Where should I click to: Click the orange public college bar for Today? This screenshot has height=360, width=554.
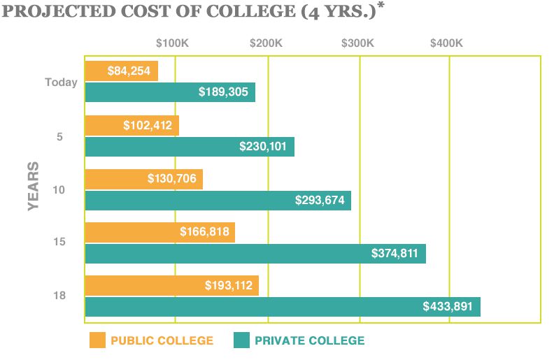(x=121, y=71)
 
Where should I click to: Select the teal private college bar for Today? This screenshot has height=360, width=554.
(x=170, y=92)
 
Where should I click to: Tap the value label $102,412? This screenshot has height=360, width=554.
(x=147, y=126)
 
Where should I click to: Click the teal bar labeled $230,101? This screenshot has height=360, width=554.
(x=189, y=147)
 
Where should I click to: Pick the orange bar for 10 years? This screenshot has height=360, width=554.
(x=143, y=179)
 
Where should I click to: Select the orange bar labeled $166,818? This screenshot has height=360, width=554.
(x=159, y=232)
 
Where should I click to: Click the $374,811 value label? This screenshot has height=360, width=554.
(x=394, y=254)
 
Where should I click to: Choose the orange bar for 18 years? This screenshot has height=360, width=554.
(x=171, y=285)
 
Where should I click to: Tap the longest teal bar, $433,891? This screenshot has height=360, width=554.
(x=282, y=307)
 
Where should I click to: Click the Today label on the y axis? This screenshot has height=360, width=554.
(x=61, y=82)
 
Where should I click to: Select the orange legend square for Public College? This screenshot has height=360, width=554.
(x=97, y=340)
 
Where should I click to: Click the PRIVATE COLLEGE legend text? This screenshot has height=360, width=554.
(x=309, y=340)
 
